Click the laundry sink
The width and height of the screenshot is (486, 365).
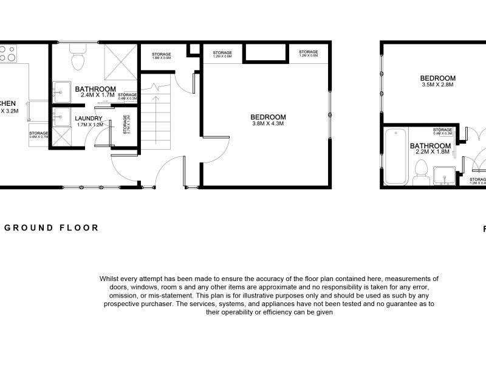[61, 117]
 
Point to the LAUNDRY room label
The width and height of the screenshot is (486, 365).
[89, 118]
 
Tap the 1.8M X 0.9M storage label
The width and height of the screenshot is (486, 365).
[161, 58]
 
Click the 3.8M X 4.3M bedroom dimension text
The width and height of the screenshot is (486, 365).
[268, 123]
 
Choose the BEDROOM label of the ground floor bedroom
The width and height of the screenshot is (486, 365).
[268, 117]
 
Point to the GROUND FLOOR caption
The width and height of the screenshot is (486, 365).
[52, 228]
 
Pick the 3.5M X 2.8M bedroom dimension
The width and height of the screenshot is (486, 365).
[437, 85]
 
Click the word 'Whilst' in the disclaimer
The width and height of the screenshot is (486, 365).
[112, 279]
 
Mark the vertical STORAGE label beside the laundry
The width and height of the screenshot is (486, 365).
[125, 123]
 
